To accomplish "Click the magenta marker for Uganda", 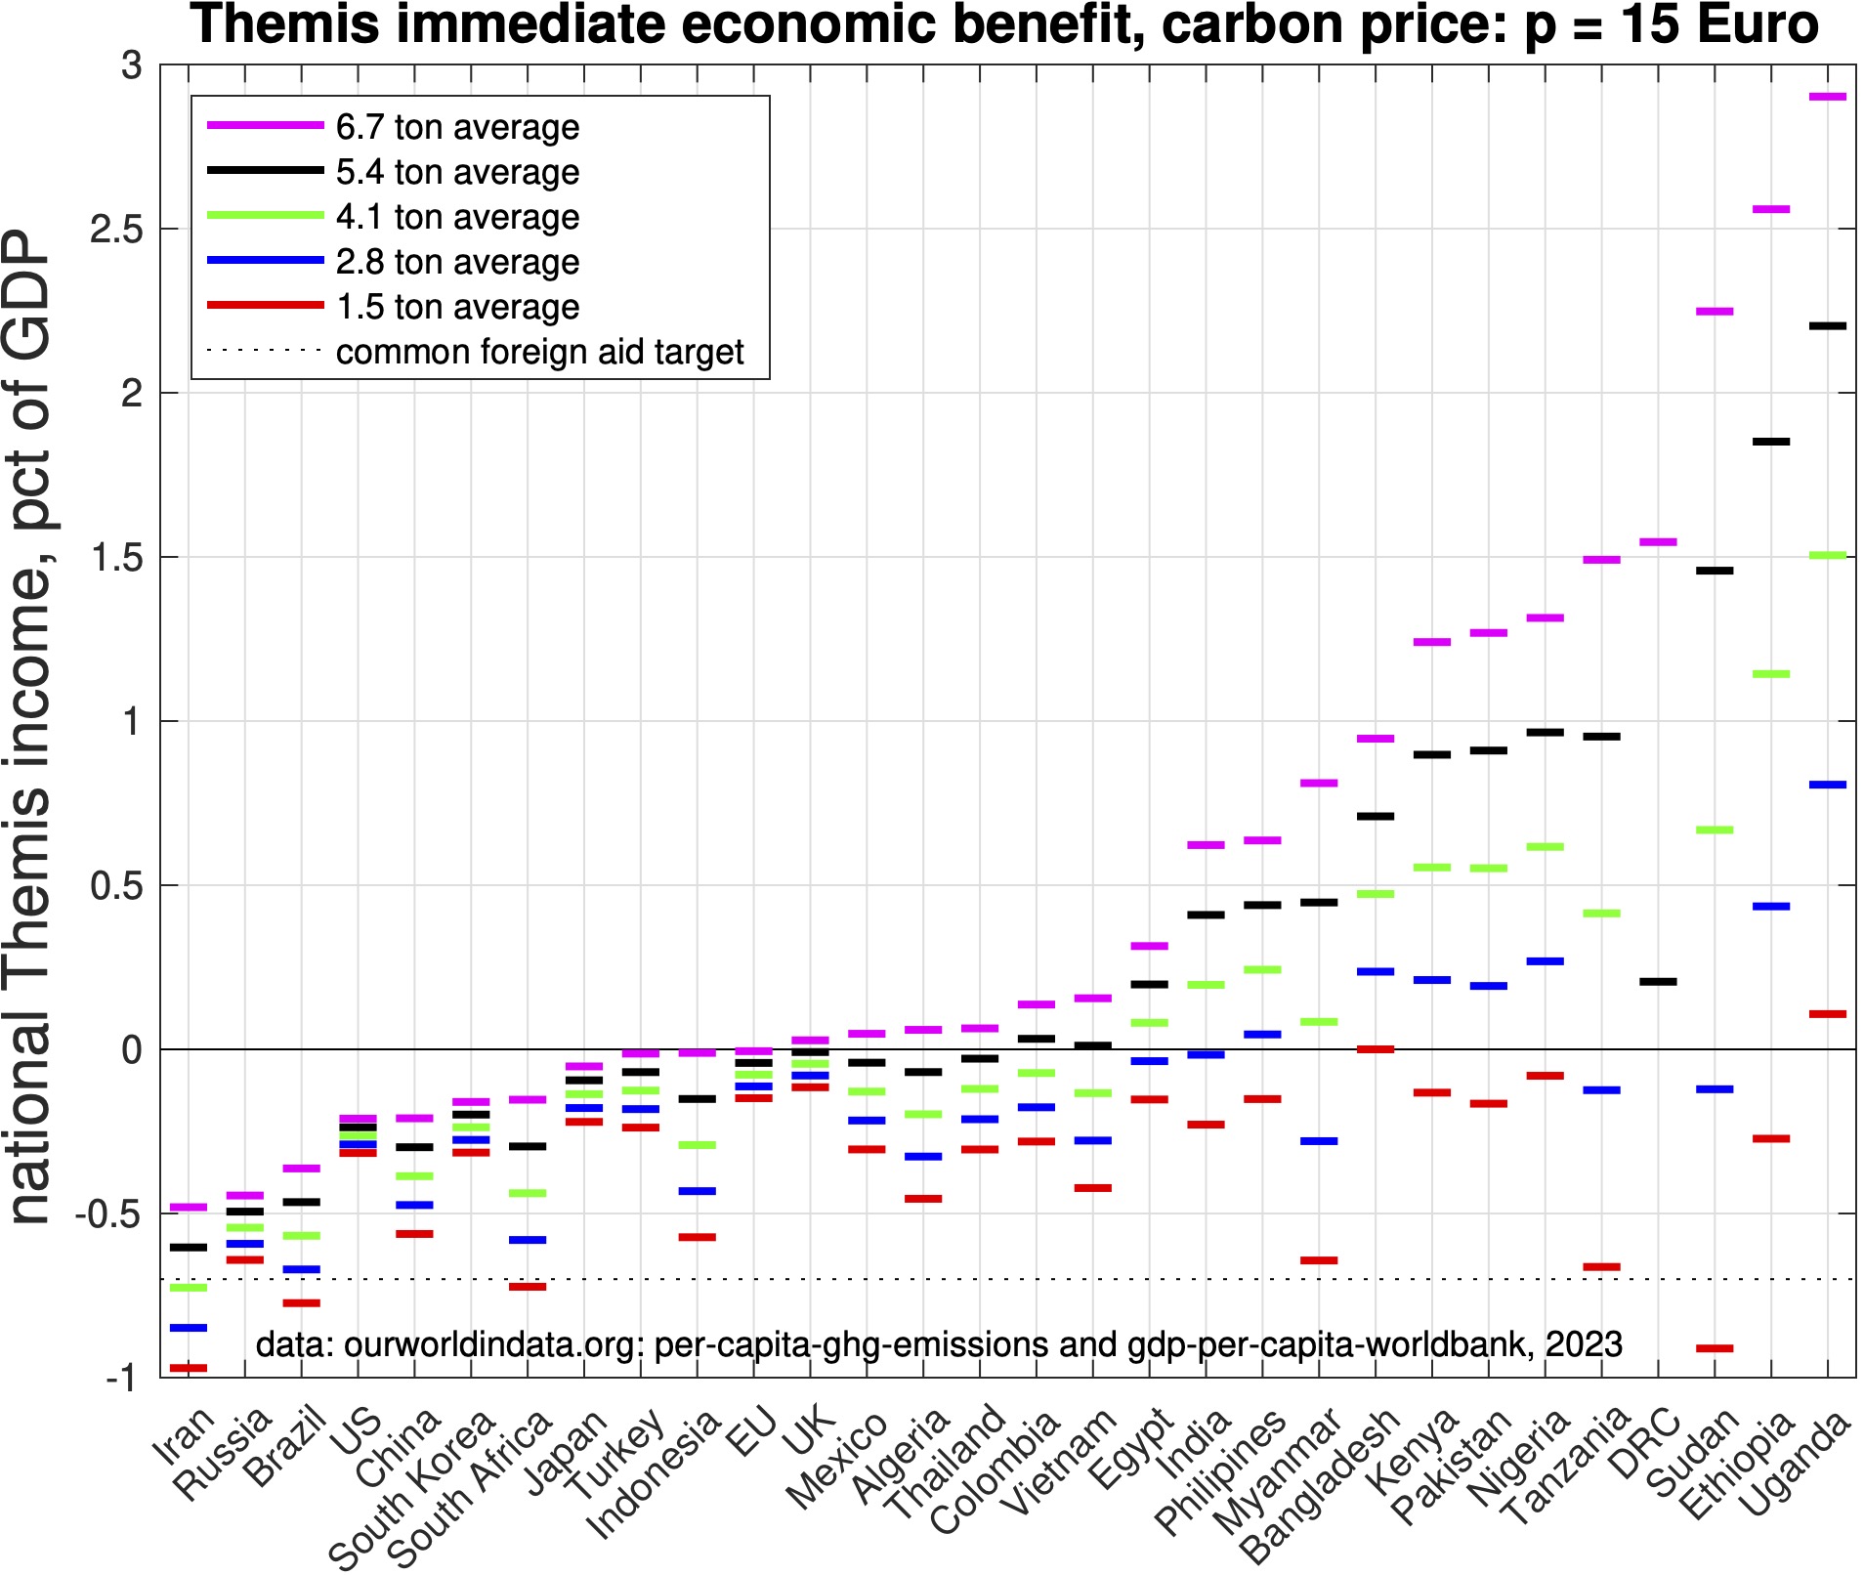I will point(1827,97).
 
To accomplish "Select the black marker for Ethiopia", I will point(1771,442).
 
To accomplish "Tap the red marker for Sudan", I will point(1715,1348).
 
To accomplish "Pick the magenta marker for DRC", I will point(1658,541).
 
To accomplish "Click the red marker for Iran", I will point(189,1368).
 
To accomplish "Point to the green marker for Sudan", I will point(1715,830).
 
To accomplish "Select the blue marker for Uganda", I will point(1827,785).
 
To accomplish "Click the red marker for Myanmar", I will point(1319,1260).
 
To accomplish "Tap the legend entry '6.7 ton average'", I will point(457,127).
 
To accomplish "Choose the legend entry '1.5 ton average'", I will point(457,307).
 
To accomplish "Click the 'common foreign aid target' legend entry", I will point(539,352).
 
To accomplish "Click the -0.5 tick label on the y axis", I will point(108,1214).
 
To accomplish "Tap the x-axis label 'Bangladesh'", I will point(1319,1485).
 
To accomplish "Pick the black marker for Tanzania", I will point(1601,736).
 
